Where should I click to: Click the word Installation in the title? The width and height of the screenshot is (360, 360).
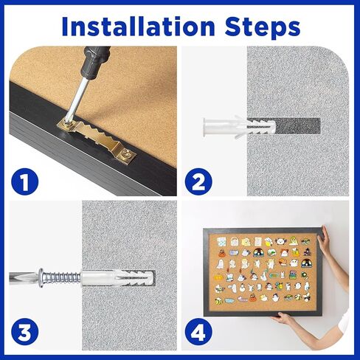139,26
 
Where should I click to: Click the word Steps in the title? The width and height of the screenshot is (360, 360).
263,27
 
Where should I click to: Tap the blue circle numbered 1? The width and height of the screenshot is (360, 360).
25,181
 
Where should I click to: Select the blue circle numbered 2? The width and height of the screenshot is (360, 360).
198,181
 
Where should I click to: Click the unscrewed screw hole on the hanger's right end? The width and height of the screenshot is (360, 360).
126,154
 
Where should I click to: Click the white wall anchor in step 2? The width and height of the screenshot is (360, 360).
240,127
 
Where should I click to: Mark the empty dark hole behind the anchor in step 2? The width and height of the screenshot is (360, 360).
298,126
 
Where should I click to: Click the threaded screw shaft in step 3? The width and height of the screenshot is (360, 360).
62,277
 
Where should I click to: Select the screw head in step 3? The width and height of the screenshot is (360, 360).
41,278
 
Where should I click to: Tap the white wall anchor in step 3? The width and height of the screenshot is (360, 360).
117,278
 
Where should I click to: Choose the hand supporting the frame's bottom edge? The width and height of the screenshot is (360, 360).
283,319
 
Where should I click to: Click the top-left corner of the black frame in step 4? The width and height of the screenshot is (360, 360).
204,229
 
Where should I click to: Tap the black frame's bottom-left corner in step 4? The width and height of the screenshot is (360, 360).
204,316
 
